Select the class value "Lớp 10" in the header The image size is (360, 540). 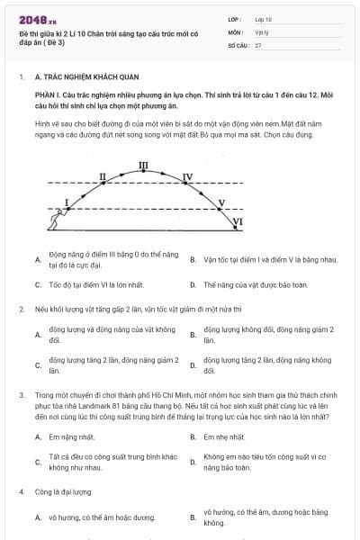click(264, 18)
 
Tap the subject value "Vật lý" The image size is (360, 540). click(261, 31)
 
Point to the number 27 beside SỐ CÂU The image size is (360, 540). click(258, 44)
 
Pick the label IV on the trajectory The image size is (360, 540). click(187, 176)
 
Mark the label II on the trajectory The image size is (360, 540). click(103, 176)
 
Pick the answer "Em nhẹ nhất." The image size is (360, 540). click(225, 436)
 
